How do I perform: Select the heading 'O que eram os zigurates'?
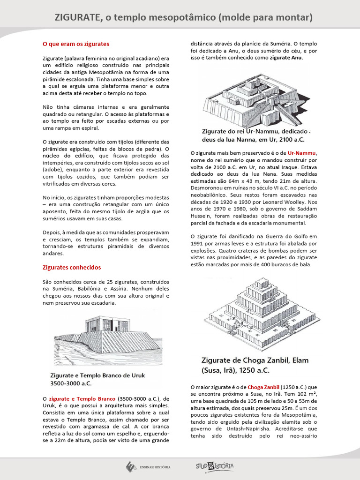coord(75,44)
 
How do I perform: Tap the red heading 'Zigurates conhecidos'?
coord(71,267)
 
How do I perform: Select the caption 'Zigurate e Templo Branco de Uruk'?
coord(98,375)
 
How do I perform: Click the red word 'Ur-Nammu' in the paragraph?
coord(302,153)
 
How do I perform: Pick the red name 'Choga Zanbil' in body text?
coord(263,387)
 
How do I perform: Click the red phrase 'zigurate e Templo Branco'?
coord(82,398)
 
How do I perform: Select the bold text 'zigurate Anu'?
coord(286,58)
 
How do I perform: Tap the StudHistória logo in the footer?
coord(215,466)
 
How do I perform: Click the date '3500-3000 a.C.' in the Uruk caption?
coord(71,383)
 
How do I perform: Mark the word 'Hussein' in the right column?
coord(202,216)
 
